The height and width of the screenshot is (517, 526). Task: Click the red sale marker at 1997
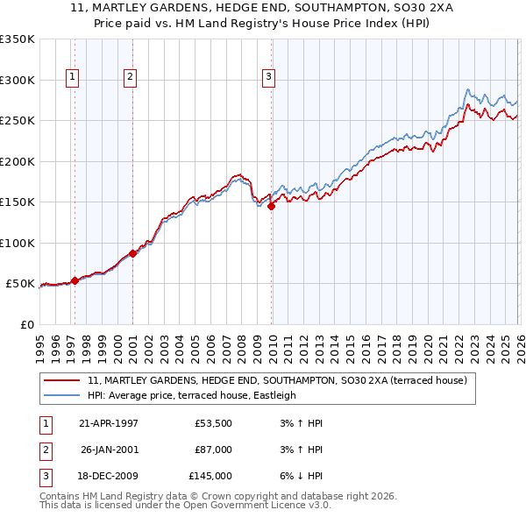point(75,280)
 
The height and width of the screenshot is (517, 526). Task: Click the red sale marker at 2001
point(132,253)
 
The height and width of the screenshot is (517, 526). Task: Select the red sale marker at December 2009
point(271,207)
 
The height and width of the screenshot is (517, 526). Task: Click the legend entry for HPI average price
point(192,395)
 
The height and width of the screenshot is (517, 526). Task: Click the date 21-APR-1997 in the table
point(109,424)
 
